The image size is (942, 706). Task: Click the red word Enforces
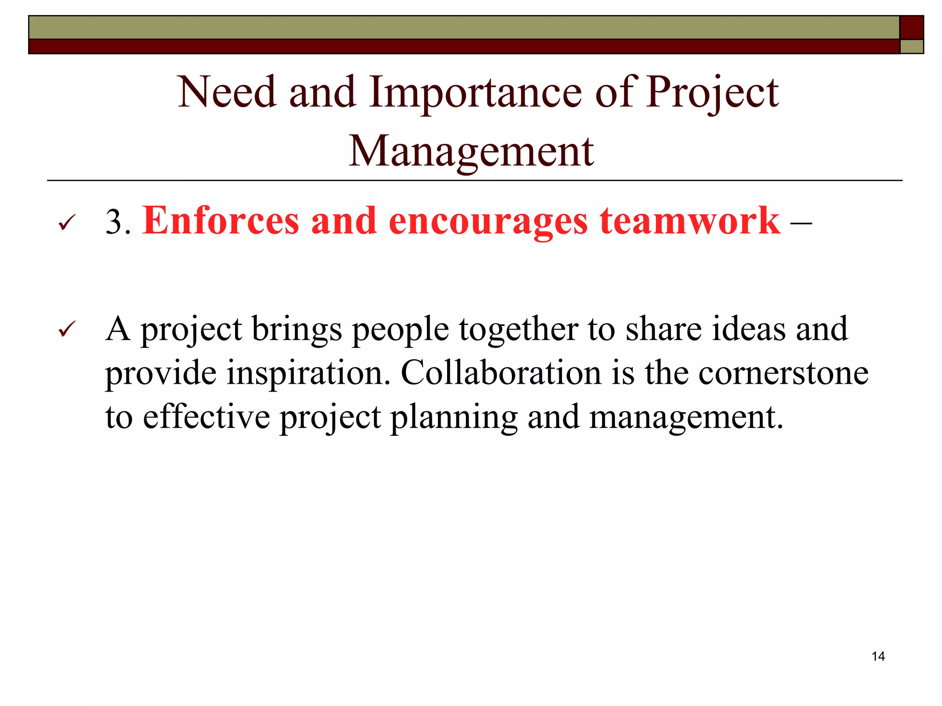click(221, 221)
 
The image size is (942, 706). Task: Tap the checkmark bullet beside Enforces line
click(67, 223)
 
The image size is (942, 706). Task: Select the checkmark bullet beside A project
click(67, 330)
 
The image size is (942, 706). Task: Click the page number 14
click(878, 656)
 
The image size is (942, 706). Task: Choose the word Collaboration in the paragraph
click(501, 372)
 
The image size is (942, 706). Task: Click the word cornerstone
click(783, 372)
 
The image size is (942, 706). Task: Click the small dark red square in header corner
click(911, 28)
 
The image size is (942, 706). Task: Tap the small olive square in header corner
click(911, 46)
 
